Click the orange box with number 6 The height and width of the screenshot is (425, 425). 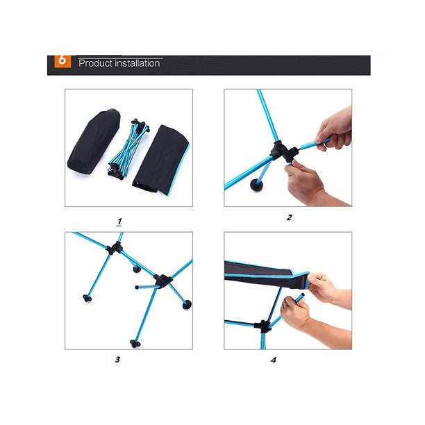click(62, 61)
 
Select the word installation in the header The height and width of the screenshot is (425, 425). click(137, 63)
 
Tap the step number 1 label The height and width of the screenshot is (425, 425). click(119, 222)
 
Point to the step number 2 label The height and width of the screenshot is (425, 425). click(289, 217)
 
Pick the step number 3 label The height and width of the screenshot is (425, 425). click(117, 360)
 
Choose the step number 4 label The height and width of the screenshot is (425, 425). click(274, 360)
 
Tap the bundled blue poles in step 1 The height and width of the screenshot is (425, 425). click(128, 149)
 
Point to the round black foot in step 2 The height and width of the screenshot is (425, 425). click(256, 185)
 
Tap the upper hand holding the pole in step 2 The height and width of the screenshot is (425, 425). click(335, 128)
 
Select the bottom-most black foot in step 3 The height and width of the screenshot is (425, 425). click(135, 344)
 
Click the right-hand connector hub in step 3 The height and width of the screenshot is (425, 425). click(162, 281)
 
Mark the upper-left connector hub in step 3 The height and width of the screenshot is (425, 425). click(114, 248)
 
